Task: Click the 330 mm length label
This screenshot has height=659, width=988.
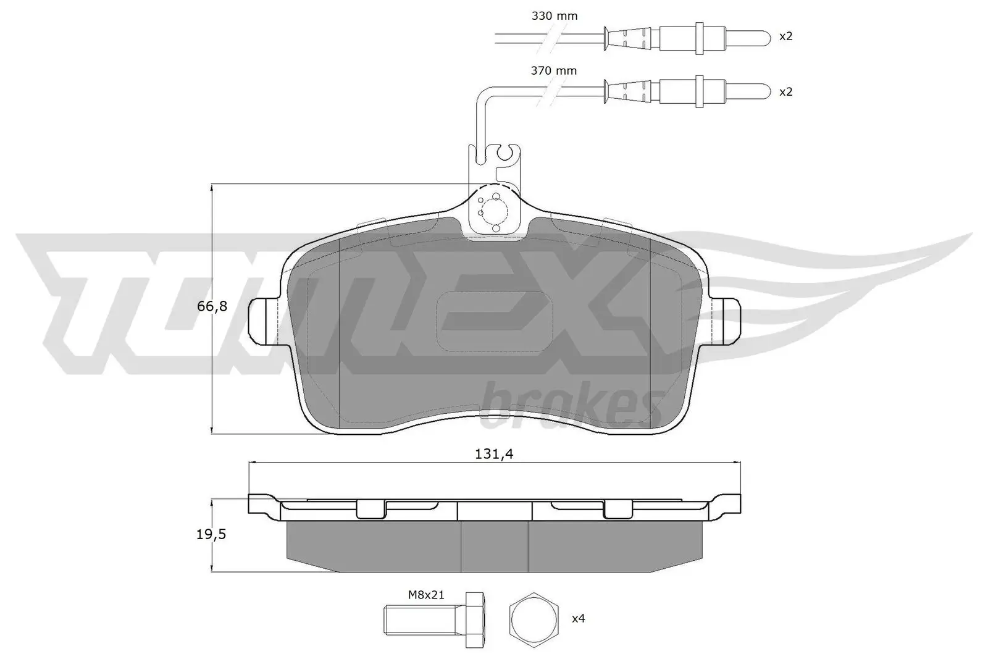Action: [x=554, y=16]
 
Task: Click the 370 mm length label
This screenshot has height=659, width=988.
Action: [x=553, y=71]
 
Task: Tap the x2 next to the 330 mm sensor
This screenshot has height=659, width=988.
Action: [x=785, y=36]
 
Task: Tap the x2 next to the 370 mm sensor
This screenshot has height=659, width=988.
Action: [x=785, y=91]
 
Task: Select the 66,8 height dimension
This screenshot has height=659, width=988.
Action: [x=207, y=306]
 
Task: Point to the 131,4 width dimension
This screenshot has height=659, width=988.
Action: [x=494, y=455]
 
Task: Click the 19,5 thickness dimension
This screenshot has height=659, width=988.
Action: [x=211, y=535]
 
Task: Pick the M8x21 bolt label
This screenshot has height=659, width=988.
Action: [x=425, y=595]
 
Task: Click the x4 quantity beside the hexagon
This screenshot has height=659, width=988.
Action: [x=577, y=618]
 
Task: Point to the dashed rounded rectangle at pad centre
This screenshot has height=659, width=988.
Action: [x=494, y=320]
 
